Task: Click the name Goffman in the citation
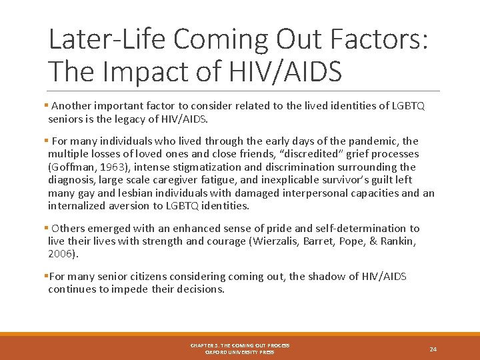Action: click(73, 167)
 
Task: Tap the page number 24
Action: click(433, 349)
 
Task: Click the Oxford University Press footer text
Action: click(240, 352)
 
